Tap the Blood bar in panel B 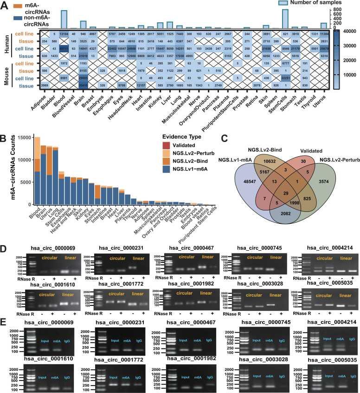pos(37,171)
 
